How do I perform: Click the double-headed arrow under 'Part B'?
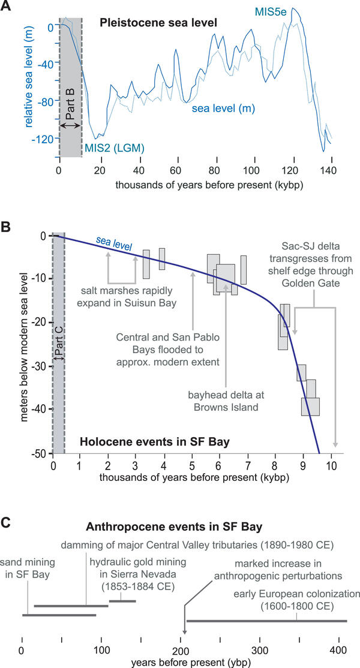coord(70,125)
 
